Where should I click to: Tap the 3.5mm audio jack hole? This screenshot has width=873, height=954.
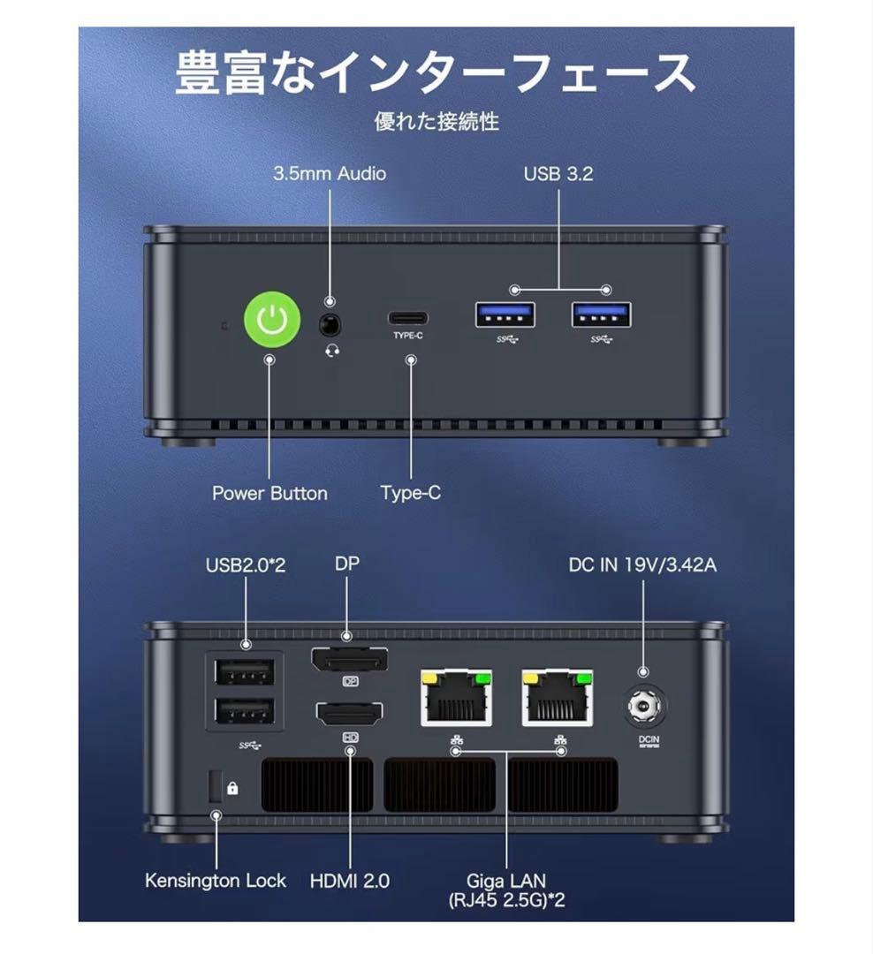[x=330, y=324]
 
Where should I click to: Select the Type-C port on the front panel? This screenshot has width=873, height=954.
[x=409, y=318]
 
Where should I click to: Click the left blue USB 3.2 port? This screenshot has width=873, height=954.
[x=505, y=314]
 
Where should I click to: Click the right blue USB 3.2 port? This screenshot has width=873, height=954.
[x=601, y=314]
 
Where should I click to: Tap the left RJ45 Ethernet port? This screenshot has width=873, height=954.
[x=457, y=700]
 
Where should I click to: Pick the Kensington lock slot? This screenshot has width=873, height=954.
[x=214, y=786]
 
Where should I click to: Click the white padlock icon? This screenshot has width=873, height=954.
[x=232, y=788]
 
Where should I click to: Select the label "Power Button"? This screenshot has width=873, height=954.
[x=269, y=493]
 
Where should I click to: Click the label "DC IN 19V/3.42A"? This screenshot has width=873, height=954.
[x=642, y=564]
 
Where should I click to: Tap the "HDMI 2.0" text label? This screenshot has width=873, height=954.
[x=350, y=881]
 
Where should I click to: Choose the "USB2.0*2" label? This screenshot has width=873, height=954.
[x=246, y=564]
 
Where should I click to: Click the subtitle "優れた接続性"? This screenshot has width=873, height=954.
[x=436, y=121]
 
